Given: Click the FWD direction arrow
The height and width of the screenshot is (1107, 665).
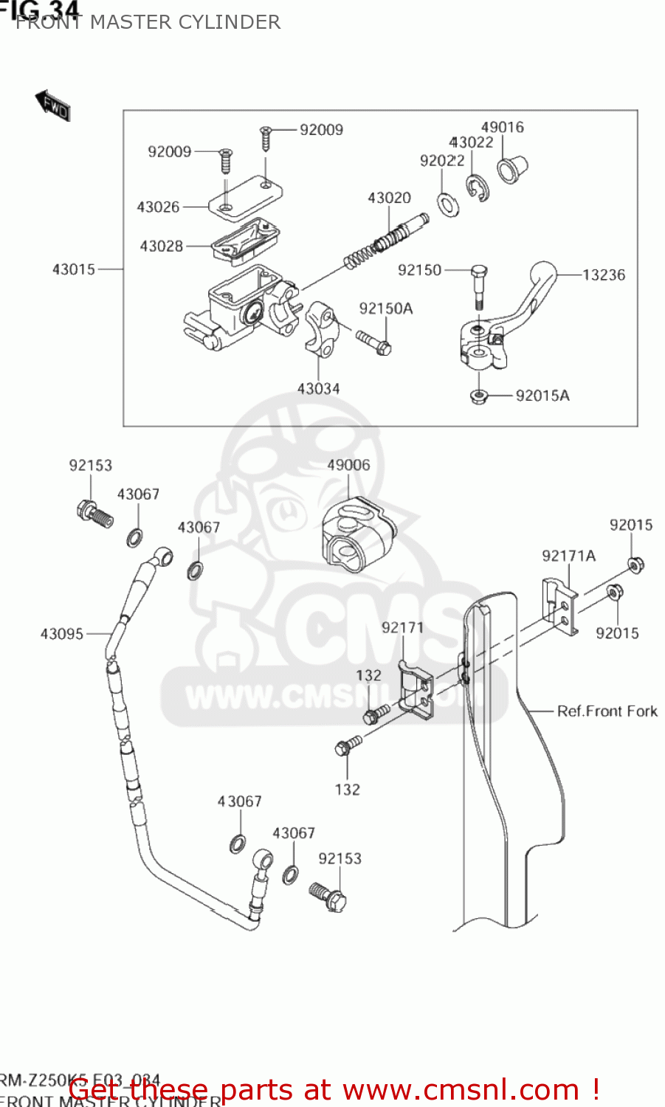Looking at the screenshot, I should [x=52, y=105].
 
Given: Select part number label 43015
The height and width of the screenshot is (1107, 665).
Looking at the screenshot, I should [x=74, y=269].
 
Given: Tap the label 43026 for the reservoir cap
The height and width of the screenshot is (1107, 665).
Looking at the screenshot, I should [x=158, y=207].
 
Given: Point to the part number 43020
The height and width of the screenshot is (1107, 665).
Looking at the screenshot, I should [x=389, y=198].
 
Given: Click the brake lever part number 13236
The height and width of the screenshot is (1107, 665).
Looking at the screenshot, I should [x=603, y=275].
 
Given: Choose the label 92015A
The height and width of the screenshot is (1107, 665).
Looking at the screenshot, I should [x=542, y=396].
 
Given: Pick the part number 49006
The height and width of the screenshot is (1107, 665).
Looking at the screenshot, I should [x=348, y=465].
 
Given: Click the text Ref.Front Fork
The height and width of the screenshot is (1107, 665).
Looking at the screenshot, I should [x=607, y=711].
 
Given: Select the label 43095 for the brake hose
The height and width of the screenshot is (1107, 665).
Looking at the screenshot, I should [x=62, y=634].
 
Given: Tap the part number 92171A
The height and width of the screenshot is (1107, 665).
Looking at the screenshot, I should [x=568, y=556].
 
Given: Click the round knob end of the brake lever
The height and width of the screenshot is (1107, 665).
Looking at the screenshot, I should [x=543, y=272].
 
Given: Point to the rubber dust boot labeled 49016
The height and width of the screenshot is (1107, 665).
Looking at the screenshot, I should [x=511, y=168].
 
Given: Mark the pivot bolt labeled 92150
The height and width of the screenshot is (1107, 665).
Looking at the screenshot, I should [x=478, y=285].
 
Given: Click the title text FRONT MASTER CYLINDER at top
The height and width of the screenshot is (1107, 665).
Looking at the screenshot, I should [x=148, y=22].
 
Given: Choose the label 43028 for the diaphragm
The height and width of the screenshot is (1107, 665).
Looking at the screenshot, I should [x=161, y=246].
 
